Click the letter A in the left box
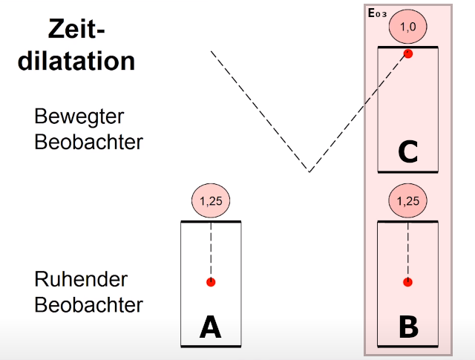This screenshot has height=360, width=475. pos(211,326)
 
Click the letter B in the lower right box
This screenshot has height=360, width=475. pos(407,326)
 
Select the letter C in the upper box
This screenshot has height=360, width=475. pos(407,152)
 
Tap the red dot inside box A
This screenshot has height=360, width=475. pos(211,282)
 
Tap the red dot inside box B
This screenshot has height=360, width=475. pos(407,282)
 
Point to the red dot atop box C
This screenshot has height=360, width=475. pos(407,53)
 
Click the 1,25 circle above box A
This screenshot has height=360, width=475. pos(211,200)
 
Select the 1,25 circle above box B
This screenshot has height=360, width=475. pos(407,200)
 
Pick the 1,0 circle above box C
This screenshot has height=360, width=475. pos(407,27)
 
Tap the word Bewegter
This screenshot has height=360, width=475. pos(79,117)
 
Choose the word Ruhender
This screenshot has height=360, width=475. pos(81,280)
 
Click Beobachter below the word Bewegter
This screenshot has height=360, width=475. pos(88,142)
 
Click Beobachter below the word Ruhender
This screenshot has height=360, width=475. pos(88,304)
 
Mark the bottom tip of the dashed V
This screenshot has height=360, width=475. pos(309,171)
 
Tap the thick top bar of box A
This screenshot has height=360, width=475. pos(211,222)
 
